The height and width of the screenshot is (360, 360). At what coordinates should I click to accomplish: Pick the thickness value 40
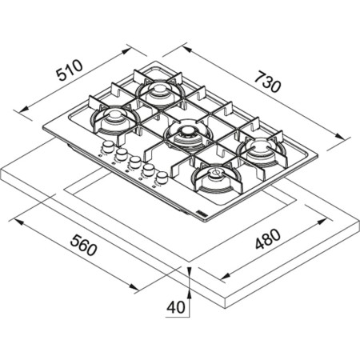[178, 306]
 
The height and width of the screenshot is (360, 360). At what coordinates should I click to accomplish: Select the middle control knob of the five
[134, 162]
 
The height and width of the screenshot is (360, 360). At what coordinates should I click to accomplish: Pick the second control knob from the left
[120, 154]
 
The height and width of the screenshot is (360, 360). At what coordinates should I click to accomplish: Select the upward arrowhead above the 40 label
[190, 273]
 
